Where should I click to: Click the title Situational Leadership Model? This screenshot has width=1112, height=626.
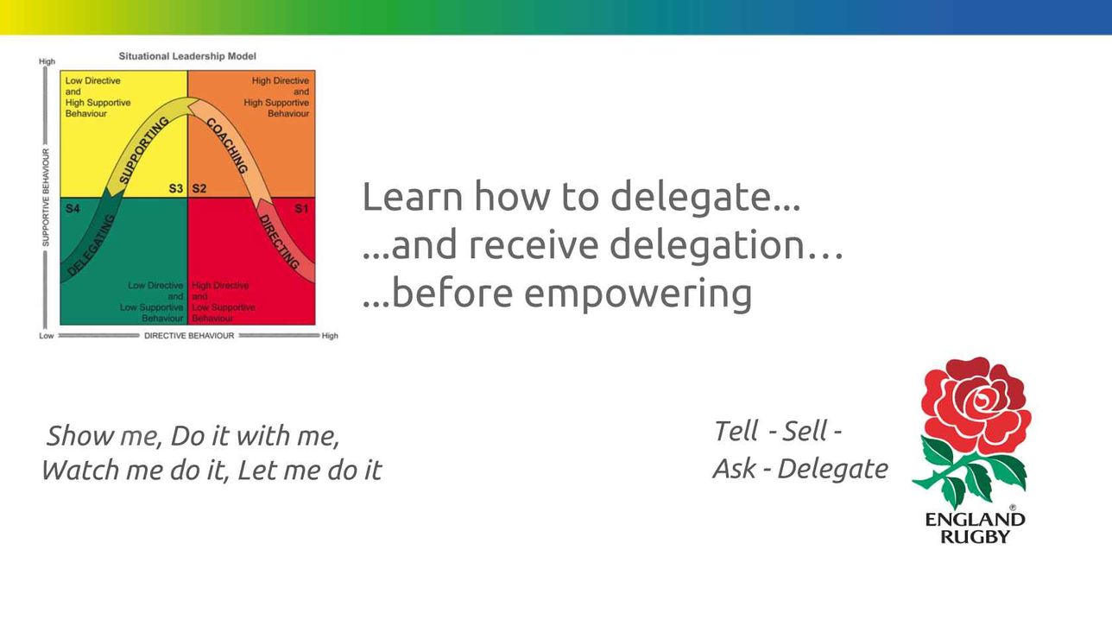pyautogui.click(x=187, y=56)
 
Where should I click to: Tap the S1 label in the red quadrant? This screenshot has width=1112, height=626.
pyautogui.click(x=301, y=208)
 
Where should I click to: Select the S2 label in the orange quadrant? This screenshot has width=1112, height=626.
pyautogui.click(x=199, y=188)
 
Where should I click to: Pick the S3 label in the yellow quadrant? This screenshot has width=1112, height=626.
pyautogui.click(x=176, y=188)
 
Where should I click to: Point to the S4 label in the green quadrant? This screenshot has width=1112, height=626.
pyautogui.click(x=73, y=208)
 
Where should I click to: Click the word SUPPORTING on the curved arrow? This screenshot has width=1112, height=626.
pyautogui.click(x=144, y=150)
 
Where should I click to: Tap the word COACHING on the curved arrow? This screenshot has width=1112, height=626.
pyautogui.click(x=227, y=145)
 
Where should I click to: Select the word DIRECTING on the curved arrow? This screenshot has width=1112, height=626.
pyautogui.click(x=280, y=242)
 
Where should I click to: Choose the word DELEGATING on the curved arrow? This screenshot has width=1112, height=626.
pyautogui.click(x=91, y=244)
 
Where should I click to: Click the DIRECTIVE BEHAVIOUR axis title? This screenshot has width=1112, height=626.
pyautogui.click(x=189, y=336)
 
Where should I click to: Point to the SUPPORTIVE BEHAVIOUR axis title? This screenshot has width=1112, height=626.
pyautogui.click(x=46, y=198)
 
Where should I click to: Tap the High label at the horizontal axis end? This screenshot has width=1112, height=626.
pyautogui.click(x=330, y=336)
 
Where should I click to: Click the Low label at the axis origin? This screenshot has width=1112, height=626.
pyautogui.click(x=46, y=336)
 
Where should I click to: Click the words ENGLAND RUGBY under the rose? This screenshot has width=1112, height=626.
pyautogui.click(x=976, y=528)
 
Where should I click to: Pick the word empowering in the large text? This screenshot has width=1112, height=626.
pyautogui.click(x=638, y=294)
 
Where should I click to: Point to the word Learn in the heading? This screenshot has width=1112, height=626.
pyautogui.click(x=413, y=197)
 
